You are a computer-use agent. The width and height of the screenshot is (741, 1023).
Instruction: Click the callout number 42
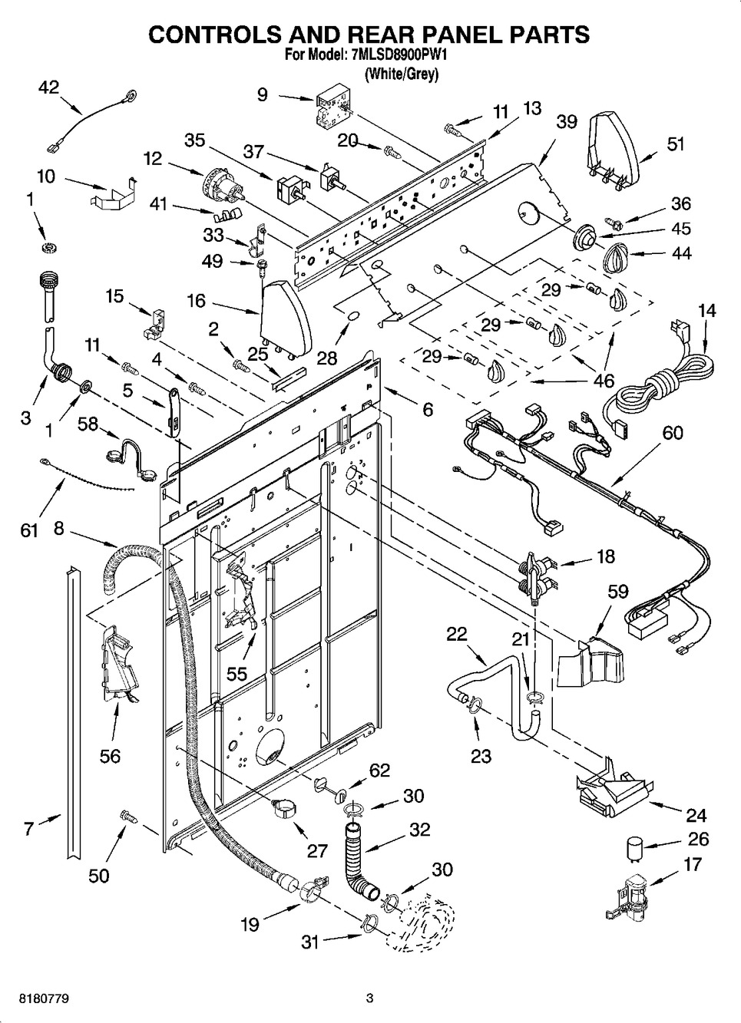click(x=48, y=87)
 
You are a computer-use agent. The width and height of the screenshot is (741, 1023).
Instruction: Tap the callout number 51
click(x=676, y=144)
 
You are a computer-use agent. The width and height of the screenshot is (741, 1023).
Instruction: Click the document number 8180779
click(x=36, y=998)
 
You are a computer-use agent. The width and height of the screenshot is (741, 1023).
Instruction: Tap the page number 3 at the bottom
click(x=369, y=998)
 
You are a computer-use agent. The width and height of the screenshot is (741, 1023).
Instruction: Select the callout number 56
click(x=111, y=756)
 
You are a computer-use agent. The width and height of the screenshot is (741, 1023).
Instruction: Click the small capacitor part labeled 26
click(x=633, y=847)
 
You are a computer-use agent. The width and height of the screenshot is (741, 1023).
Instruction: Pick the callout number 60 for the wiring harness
click(x=672, y=433)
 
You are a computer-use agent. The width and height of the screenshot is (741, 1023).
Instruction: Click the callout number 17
click(x=692, y=864)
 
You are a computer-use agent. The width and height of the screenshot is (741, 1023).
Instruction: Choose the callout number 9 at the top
click(x=263, y=94)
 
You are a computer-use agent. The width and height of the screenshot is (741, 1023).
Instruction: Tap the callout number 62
click(x=379, y=770)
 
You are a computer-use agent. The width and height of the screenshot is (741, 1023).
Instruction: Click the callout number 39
click(x=567, y=122)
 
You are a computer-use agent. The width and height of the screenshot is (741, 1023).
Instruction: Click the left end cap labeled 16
click(x=285, y=314)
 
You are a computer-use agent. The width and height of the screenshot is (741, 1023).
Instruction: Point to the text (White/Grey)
click(x=401, y=74)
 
